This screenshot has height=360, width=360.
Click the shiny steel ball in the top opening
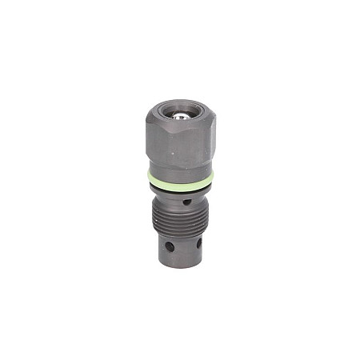(x=182, y=116)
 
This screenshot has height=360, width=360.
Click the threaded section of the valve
(x=178, y=218)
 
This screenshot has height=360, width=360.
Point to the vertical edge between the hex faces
(x=194, y=144)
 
